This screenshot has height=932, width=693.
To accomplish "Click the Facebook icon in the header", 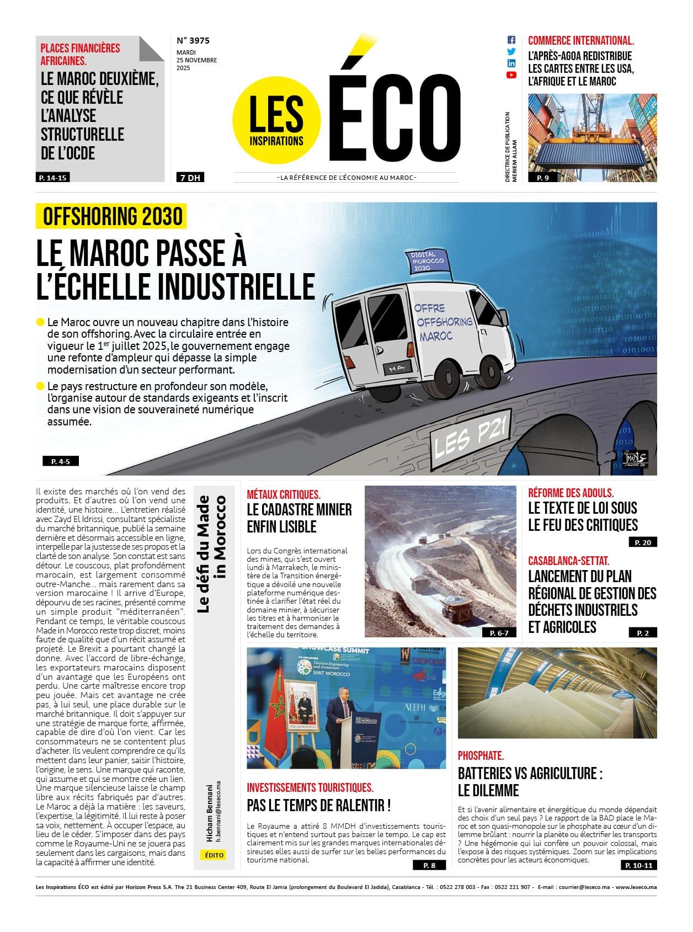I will [x=511, y=40].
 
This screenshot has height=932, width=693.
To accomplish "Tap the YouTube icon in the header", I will [x=511, y=75].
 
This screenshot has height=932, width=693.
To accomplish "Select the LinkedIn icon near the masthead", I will [x=511, y=63].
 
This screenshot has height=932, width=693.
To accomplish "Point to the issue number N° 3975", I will [x=193, y=40].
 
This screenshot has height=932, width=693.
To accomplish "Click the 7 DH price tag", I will [x=189, y=178].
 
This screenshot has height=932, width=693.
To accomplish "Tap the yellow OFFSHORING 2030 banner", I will [x=112, y=216].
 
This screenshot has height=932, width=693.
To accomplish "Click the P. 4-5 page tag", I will [x=60, y=461].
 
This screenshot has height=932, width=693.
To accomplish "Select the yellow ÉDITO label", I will [x=214, y=855].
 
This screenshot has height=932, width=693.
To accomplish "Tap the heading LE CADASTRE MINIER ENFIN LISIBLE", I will [x=299, y=518].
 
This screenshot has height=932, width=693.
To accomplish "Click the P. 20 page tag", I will [x=643, y=542].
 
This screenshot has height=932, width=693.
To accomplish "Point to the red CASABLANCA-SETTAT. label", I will [x=568, y=561].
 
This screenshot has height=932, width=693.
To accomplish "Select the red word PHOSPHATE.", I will [x=481, y=755].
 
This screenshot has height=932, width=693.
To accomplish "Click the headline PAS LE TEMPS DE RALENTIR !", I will [x=318, y=805].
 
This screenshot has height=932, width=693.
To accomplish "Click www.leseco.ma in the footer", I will [x=636, y=887].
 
